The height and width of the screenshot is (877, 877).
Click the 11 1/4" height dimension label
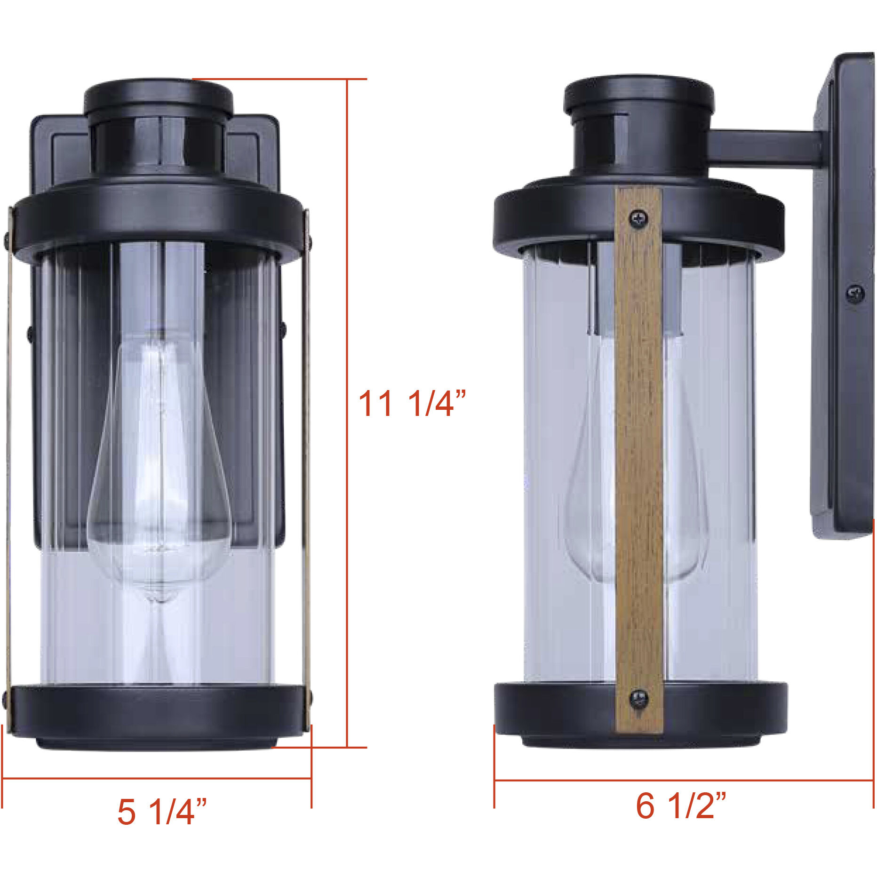[x=412, y=404]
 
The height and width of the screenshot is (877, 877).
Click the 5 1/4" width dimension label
[x=161, y=812]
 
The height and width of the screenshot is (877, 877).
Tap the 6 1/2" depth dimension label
[x=680, y=805]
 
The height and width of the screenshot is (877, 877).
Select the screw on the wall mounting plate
[x=855, y=294]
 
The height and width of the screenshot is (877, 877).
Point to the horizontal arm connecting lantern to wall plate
[x=765, y=148]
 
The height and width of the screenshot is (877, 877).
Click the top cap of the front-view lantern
[x=159, y=99]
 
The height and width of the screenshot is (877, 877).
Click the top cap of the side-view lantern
[x=638, y=94]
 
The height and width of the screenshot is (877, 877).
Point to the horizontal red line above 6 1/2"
[x=682, y=781]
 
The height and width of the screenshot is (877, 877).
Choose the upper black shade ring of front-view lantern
[x=158, y=221]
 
